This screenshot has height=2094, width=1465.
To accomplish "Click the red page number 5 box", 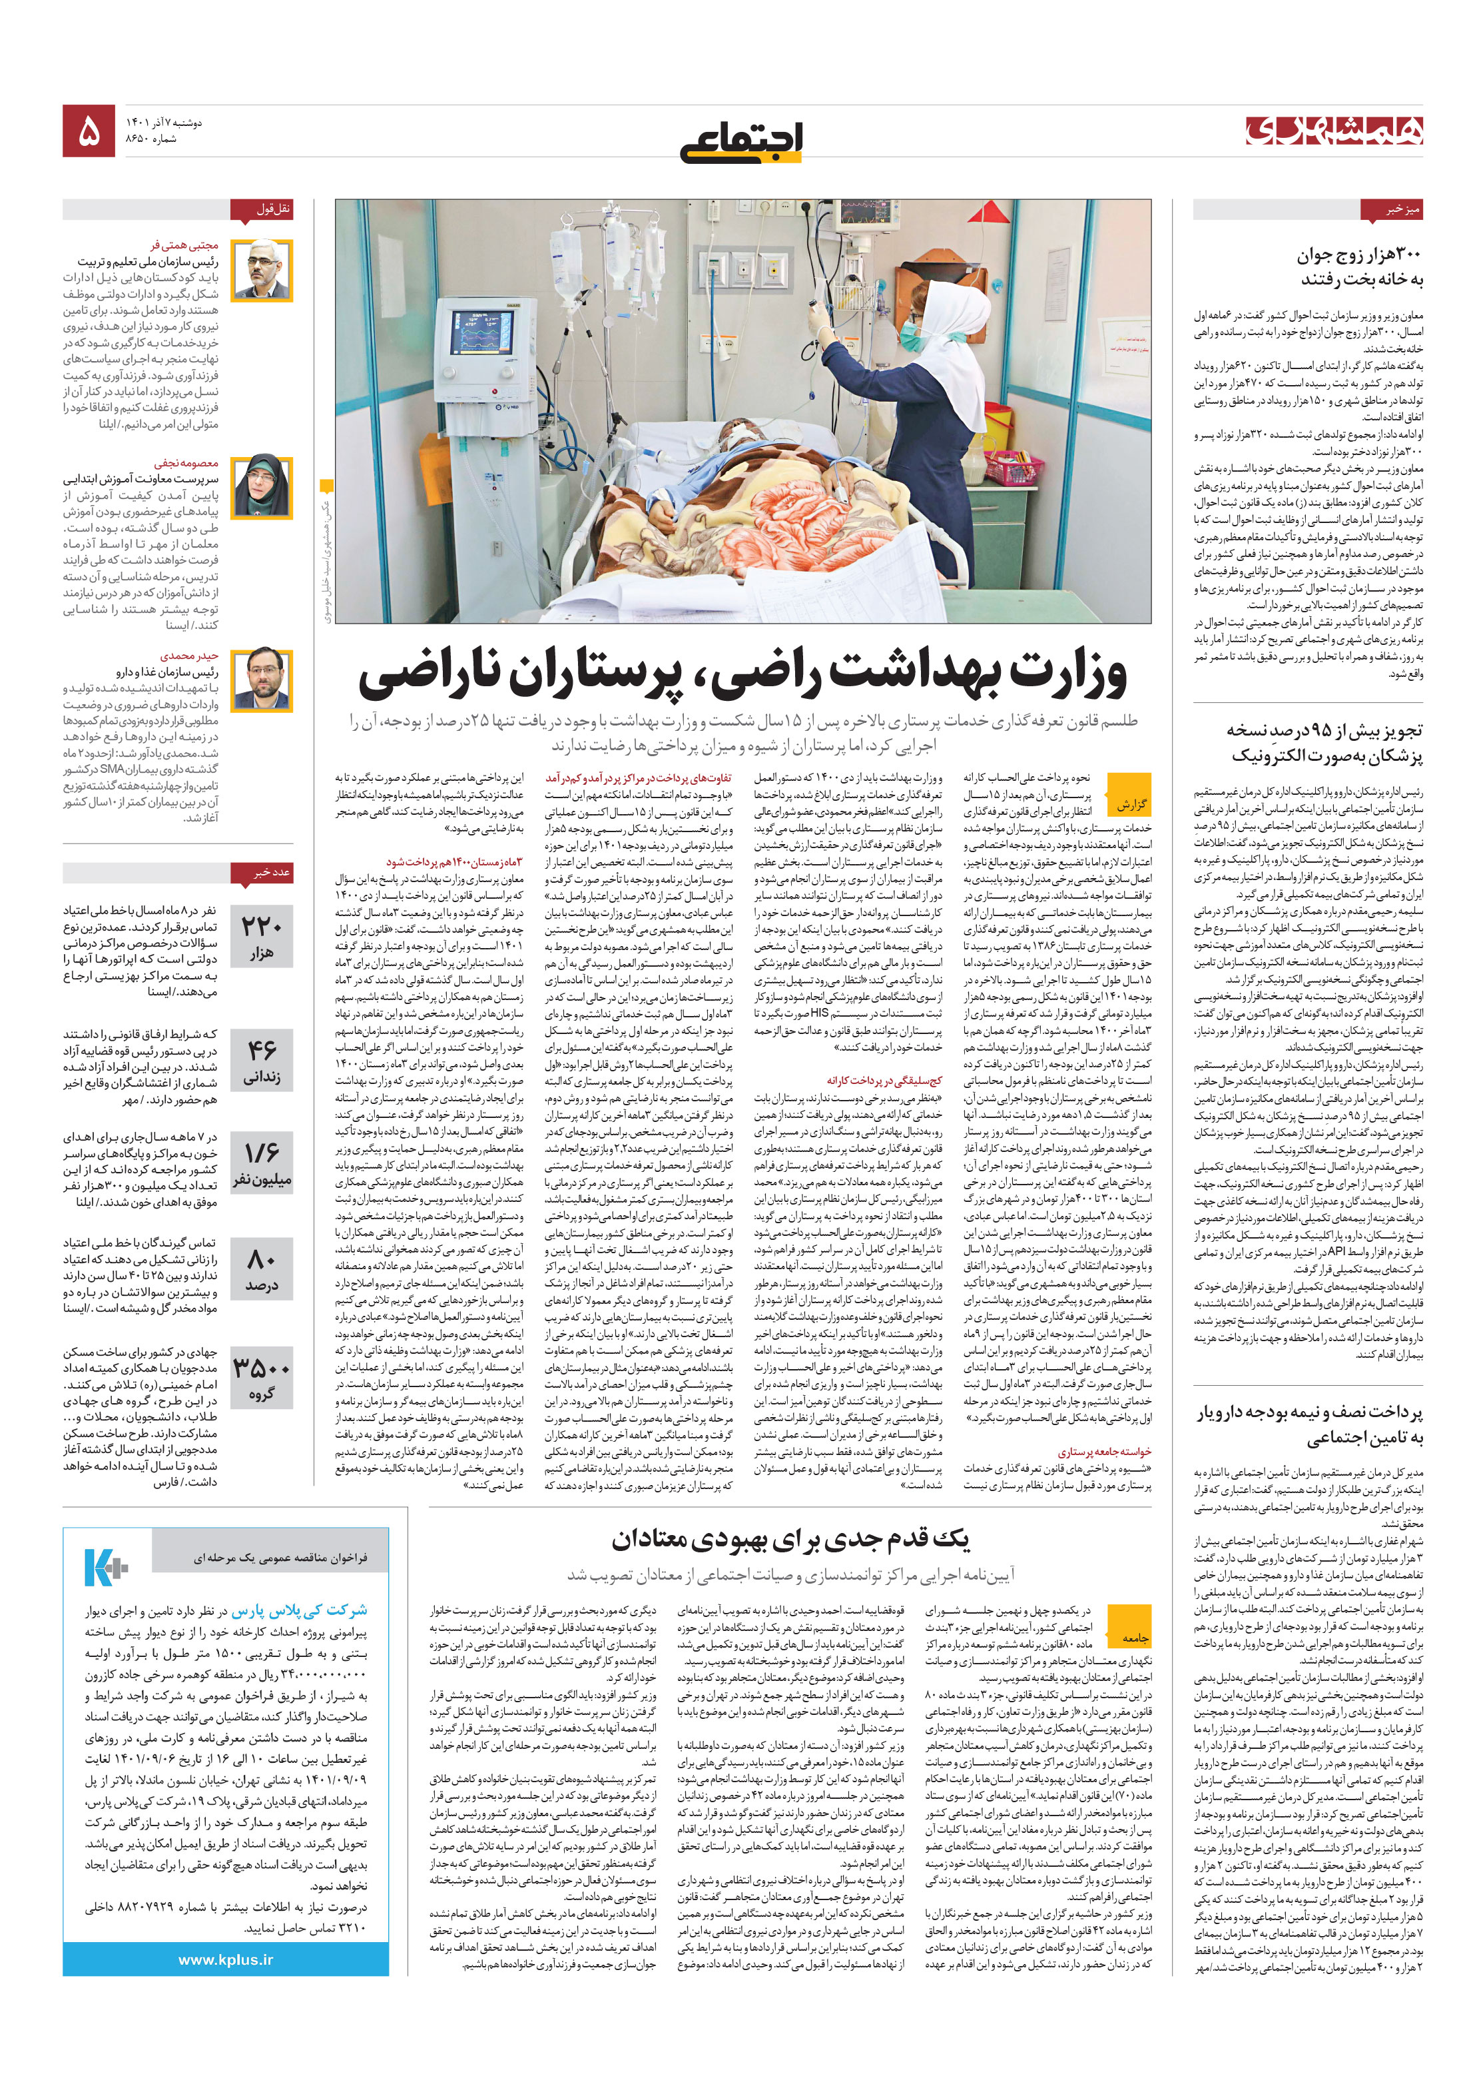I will pyautogui.click(x=89, y=131).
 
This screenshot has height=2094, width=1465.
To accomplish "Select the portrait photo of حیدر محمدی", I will pyautogui.click(x=262, y=678).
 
